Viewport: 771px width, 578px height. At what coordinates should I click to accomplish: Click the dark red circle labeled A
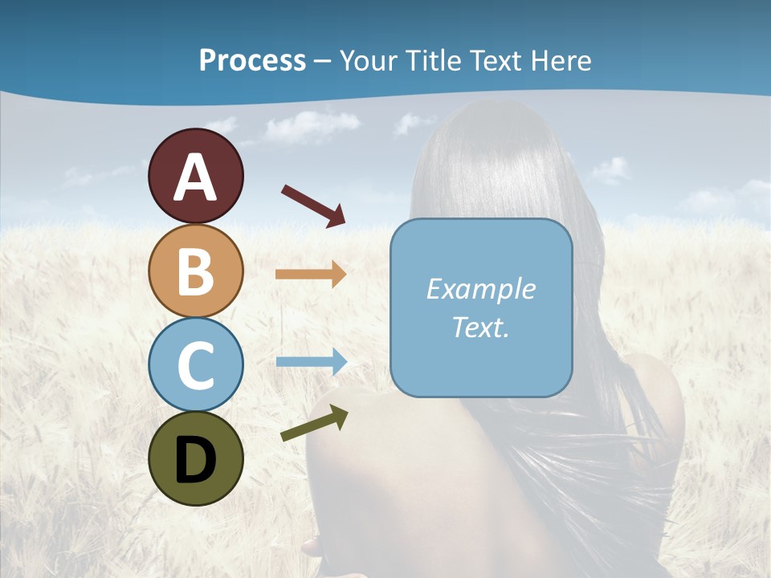point(195,176)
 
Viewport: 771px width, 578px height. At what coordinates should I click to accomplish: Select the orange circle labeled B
point(195,271)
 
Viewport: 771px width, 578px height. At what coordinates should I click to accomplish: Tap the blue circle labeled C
point(195,364)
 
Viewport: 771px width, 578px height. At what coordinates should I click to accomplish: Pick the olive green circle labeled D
point(195,458)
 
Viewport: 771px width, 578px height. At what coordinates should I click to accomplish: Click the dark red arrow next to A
point(313,206)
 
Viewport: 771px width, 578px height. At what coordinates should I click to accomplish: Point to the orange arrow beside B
point(311,275)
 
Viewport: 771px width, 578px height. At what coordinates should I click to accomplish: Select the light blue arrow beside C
point(311,361)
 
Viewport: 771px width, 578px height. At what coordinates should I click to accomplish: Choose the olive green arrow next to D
point(314,423)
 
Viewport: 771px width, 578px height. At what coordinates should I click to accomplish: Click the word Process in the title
point(252,61)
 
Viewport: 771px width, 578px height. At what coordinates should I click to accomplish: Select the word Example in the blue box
point(480,289)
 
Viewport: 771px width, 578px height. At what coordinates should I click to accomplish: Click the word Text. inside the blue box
point(480,327)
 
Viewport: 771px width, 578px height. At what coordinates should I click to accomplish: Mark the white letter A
point(195,177)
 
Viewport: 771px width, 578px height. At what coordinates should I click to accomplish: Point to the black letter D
point(195,459)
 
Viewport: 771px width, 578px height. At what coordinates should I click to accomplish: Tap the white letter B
point(195,271)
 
